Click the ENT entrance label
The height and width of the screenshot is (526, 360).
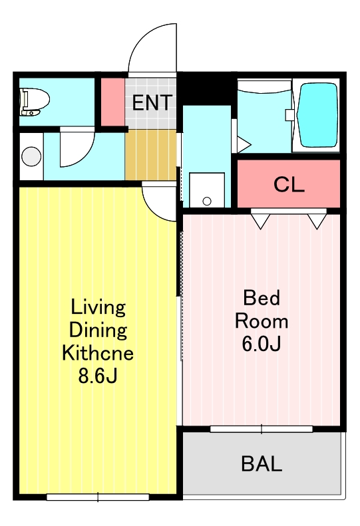(x=152, y=102)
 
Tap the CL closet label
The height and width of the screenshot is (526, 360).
(x=289, y=184)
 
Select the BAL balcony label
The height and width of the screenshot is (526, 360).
(x=262, y=463)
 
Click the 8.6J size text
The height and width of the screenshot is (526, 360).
(x=98, y=376)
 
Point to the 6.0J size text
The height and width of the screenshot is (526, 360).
(x=262, y=344)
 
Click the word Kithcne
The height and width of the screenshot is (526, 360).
(x=98, y=352)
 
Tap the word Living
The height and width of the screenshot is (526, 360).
(x=98, y=308)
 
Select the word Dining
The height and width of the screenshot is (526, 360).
(x=98, y=330)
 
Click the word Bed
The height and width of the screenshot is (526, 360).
(x=262, y=297)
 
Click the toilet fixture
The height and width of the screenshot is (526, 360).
(x=34, y=101)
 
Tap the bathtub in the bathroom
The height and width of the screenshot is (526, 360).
(x=318, y=115)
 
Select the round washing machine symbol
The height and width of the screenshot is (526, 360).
(x=31, y=156)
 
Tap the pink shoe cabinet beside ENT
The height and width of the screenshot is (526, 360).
(x=113, y=102)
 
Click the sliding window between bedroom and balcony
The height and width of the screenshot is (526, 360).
(x=262, y=429)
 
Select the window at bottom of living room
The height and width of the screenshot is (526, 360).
(x=98, y=497)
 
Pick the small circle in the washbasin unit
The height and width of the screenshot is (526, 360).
(x=207, y=201)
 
